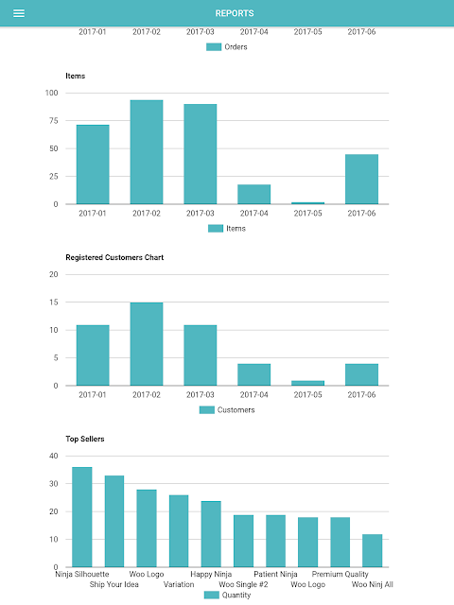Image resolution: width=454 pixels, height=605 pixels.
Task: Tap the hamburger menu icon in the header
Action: (x=19, y=13)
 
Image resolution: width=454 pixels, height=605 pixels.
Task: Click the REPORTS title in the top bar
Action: (x=235, y=13)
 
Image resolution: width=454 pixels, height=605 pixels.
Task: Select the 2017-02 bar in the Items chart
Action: (x=147, y=152)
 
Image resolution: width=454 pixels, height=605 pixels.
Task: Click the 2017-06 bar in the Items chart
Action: (x=361, y=179)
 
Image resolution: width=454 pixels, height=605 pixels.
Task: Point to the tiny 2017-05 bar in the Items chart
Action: (x=307, y=203)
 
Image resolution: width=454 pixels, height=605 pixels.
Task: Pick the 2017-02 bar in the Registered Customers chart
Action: (x=147, y=344)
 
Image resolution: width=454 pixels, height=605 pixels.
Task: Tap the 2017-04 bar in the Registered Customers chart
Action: (x=254, y=374)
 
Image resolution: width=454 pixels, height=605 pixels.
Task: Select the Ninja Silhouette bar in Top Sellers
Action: (x=82, y=517)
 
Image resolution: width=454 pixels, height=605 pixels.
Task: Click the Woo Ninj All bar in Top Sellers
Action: (x=372, y=550)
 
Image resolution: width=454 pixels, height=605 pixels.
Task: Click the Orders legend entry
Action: (x=227, y=47)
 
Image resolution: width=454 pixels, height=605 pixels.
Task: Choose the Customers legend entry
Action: (x=227, y=409)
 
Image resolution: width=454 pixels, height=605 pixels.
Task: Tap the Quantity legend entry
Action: (x=227, y=595)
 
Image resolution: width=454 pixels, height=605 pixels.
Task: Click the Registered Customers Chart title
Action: (x=114, y=257)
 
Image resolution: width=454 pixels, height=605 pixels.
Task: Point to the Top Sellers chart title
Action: (x=85, y=439)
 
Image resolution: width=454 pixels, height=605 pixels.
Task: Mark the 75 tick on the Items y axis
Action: (x=54, y=121)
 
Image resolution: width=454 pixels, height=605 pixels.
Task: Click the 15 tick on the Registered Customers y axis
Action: (x=54, y=302)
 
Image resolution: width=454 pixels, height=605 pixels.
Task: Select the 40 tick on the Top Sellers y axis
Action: (x=54, y=456)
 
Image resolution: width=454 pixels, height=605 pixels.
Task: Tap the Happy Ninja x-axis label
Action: (x=211, y=574)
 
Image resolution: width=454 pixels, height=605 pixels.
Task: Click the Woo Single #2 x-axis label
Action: (x=243, y=584)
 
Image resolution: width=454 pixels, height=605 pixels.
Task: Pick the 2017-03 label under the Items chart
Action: (x=200, y=214)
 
